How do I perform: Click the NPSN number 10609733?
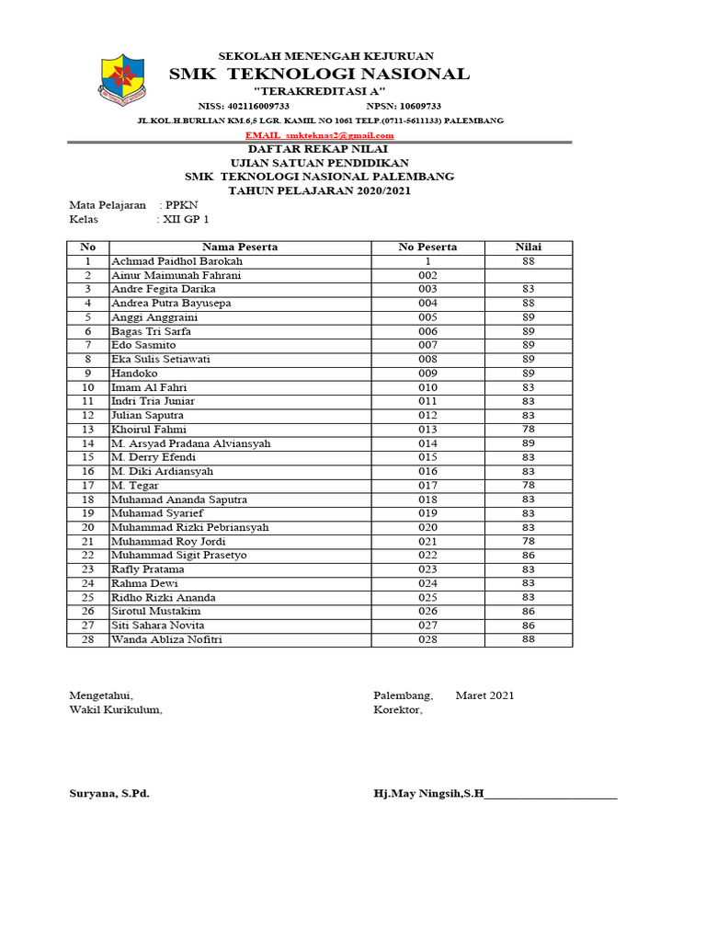point(409,107)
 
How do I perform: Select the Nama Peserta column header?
point(240,247)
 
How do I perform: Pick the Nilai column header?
point(528,247)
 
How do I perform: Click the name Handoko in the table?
point(134,373)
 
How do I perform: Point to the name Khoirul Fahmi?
point(148,430)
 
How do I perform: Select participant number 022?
point(427,556)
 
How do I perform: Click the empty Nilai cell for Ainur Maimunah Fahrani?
point(528,275)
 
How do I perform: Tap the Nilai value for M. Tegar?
point(528,486)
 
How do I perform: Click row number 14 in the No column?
point(88,443)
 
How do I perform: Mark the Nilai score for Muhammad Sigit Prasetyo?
point(528,556)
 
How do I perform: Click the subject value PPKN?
point(181,205)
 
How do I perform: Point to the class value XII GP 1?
point(187,220)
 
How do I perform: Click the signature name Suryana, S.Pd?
point(109,793)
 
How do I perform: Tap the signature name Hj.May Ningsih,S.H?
point(428,793)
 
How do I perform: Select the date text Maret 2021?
point(484,695)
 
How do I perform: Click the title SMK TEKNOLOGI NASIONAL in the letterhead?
point(319,75)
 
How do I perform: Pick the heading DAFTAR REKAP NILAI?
point(319,149)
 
